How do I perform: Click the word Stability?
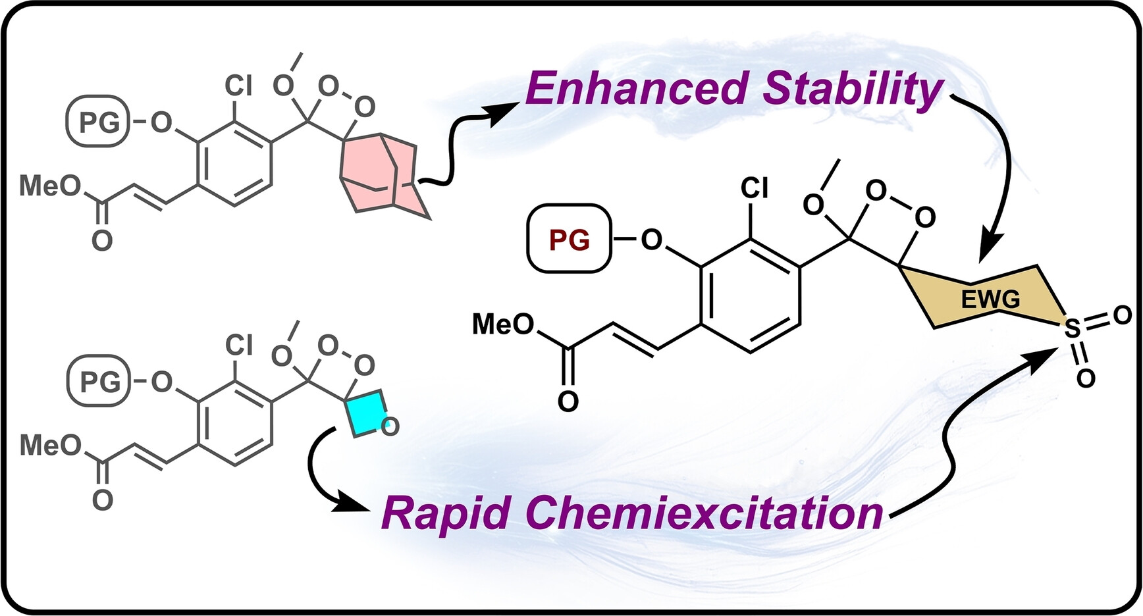click(853, 91)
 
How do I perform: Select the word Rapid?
click(445, 513)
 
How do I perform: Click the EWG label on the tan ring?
click(990, 300)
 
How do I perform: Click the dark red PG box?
click(570, 240)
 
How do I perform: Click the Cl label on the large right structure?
click(755, 188)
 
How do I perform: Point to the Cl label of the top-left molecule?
click(238, 85)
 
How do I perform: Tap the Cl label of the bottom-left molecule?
click(238, 344)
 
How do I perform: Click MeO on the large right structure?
click(503, 324)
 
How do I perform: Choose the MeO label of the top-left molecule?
click(50, 186)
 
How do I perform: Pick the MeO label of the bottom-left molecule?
click(50, 446)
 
